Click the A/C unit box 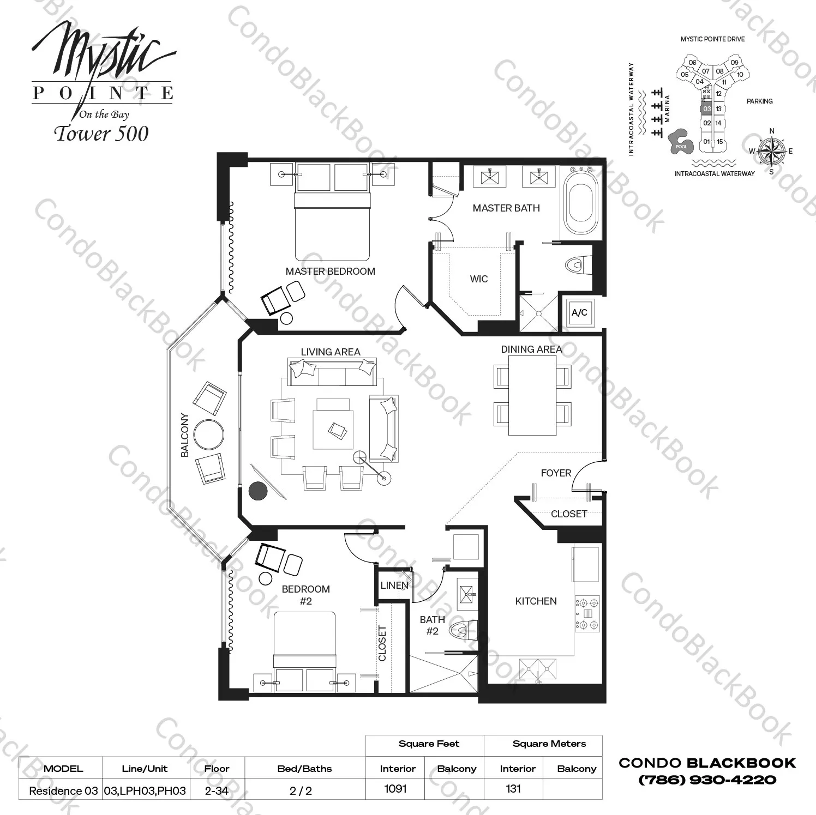tap(579, 312)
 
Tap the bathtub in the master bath tap(580, 202)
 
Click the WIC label tap(479, 279)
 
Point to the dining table tap(532, 395)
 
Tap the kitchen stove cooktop tap(587, 613)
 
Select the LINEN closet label tap(394, 585)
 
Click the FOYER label tap(556, 473)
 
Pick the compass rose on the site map tap(771, 151)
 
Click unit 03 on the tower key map tap(707, 109)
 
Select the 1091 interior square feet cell tap(395, 788)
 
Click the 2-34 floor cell tap(217, 790)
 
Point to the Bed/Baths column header tap(304, 769)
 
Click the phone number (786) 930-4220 tap(707, 780)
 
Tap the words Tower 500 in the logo tap(101, 134)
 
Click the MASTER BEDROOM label tap(330, 271)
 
